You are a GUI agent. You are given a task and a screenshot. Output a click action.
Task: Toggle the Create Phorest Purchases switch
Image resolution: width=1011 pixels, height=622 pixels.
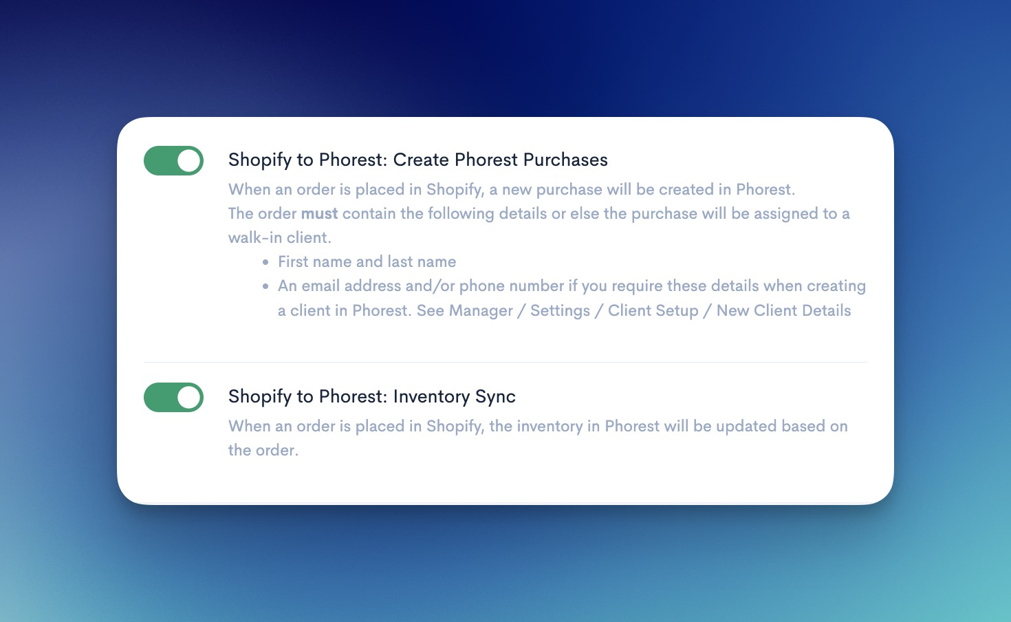tap(174, 160)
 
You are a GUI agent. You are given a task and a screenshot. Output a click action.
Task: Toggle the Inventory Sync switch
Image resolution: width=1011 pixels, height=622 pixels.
tap(174, 397)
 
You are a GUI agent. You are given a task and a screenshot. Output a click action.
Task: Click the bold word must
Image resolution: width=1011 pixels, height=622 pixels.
tap(319, 213)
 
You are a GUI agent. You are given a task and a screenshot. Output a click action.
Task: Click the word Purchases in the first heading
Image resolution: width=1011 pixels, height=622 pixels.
tap(565, 160)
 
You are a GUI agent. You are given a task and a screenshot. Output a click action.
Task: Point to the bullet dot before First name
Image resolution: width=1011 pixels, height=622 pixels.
tap(265, 261)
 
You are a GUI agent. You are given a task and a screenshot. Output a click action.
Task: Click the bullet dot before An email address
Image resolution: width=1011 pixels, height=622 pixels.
tap(265, 286)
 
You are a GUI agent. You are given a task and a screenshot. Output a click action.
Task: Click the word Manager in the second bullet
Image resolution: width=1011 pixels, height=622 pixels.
tap(481, 310)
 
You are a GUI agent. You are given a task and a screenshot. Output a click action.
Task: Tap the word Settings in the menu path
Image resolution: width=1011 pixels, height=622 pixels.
tap(560, 310)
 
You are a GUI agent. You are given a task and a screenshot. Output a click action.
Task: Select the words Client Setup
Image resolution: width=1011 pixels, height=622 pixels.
tap(653, 310)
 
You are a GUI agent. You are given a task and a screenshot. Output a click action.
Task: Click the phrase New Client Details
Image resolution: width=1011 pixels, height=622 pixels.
tap(783, 310)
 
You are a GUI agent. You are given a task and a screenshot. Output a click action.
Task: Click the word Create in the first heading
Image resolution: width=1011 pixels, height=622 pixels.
tap(421, 160)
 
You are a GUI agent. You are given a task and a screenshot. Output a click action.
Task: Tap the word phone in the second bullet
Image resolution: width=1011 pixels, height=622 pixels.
tap(479, 286)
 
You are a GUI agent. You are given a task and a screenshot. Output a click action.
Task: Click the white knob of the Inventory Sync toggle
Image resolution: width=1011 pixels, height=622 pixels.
tap(188, 397)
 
